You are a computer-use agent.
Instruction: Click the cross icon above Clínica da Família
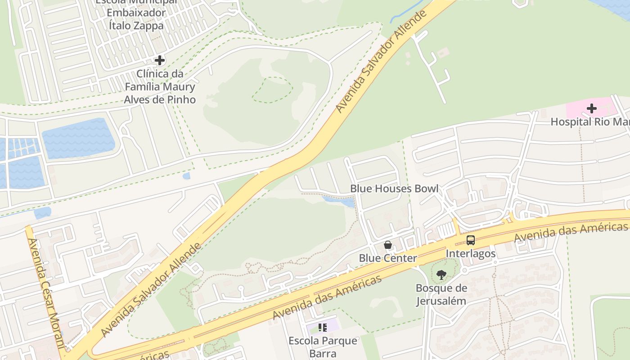[x=159, y=60]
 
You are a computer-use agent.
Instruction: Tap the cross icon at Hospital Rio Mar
[x=591, y=108]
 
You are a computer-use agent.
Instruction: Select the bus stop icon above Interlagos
[x=470, y=240]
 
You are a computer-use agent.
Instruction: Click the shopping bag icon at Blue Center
[x=387, y=245]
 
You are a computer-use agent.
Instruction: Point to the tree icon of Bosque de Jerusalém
[x=441, y=274]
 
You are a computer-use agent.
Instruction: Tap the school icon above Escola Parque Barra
[x=322, y=328]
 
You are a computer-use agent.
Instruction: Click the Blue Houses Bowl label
[x=394, y=189]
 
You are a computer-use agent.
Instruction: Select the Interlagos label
[x=470, y=254]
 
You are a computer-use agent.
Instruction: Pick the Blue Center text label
[x=387, y=258]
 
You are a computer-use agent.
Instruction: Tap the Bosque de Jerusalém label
[x=441, y=294]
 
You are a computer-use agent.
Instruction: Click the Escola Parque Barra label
[x=323, y=346]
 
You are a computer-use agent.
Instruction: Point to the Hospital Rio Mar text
[x=589, y=122]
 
